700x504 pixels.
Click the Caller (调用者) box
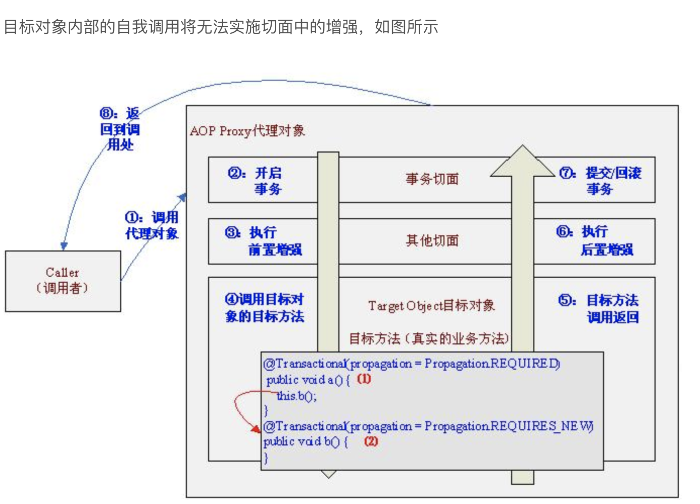click(x=63, y=281)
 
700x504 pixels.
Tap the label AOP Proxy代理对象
click(x=247, y=131)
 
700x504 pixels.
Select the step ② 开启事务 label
click(x=255, y=181)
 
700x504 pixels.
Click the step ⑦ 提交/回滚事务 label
click(x=599, y=181)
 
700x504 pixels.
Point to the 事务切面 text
click(x=432, y=179)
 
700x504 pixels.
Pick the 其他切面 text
click(x=432, y=240)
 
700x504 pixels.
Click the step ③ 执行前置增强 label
click(x=263, y=241)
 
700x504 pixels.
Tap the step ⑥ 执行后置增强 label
click(x=594, y=240)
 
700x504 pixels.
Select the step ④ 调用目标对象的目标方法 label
click(x=264, y=308)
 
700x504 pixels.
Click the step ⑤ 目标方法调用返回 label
click(x=599, y=309)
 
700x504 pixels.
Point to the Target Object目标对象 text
click(x=431, y=306)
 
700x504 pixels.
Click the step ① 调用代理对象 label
click(x=152, y=225)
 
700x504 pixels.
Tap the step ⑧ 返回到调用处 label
click(x=120, y=129)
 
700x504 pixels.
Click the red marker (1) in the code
click(x=364, y=379)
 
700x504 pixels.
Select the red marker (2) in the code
click(x=371, y=441)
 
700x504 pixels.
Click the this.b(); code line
click(x=297, y=396)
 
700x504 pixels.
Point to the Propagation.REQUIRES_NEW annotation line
click(x=428, y=426)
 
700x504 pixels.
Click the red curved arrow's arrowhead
click(x=257, y=429)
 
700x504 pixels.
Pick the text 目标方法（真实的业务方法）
click(x=429, y=338)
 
